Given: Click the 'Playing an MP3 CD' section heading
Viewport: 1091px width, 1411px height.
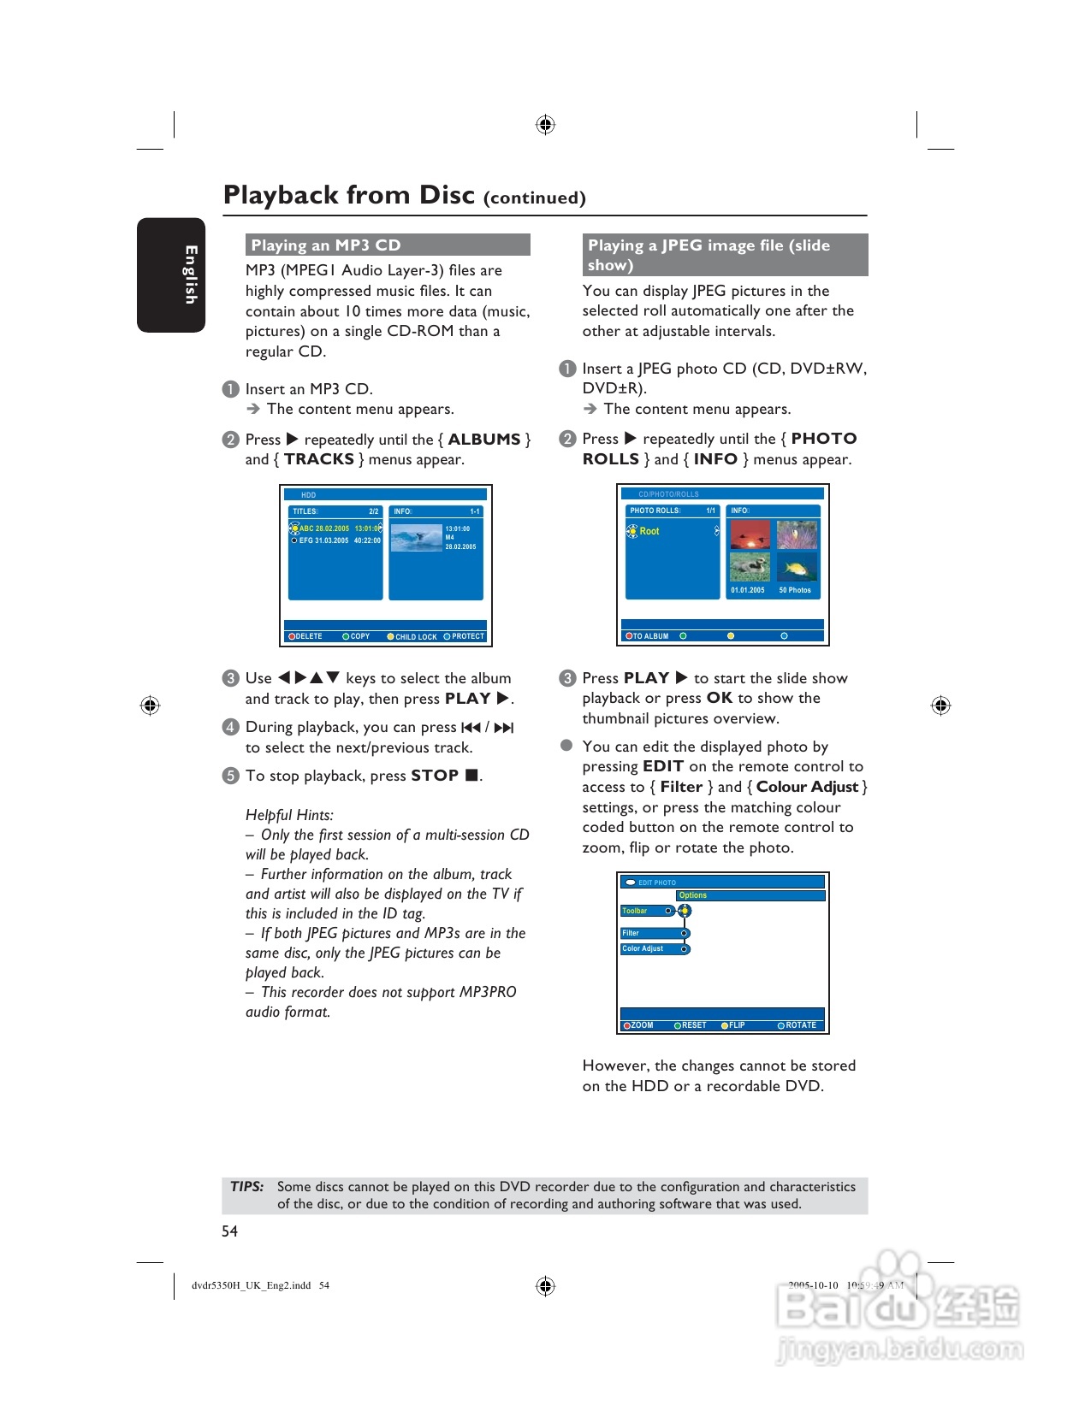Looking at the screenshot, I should coord(326,245).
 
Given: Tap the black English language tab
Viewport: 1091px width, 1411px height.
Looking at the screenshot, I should coord(171,275).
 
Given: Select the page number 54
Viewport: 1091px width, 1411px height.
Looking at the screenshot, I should coord(229,1231).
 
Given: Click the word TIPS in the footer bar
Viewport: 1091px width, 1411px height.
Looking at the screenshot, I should coord(246,1187).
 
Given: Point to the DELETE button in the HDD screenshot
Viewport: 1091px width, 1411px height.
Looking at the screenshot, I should coord(308,636).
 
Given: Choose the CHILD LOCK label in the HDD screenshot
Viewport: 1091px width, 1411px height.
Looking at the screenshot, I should coord(415,637).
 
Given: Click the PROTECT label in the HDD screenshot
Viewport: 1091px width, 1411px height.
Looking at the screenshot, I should coord(467,636).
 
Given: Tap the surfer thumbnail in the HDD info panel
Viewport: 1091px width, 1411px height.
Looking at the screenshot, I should coord(416,538).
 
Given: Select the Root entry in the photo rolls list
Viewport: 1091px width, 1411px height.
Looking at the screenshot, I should coord(649,531).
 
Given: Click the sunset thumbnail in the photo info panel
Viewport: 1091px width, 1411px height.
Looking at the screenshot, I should coord(750,534).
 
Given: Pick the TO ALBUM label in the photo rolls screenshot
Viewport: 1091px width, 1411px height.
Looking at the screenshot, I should coord(650,636).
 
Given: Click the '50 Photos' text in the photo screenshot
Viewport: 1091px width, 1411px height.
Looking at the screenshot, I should coord(795,590).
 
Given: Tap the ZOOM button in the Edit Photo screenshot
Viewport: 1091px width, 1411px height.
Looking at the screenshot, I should coord(641,1025).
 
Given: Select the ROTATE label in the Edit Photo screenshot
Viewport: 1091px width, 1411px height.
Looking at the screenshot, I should coord(800,1025).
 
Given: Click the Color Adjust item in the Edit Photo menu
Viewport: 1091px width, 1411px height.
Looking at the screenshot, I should coord(643,948).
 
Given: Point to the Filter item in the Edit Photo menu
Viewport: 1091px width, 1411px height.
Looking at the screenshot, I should coord(631,933).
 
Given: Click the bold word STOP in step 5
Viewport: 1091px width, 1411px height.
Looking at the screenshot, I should coord(435,776).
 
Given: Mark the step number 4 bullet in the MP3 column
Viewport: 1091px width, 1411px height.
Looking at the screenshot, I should coord(230,727).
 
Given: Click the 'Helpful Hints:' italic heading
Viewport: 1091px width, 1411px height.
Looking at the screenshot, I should coord(289,815).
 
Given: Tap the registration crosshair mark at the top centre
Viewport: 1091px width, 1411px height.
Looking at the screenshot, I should coord(545,125).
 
